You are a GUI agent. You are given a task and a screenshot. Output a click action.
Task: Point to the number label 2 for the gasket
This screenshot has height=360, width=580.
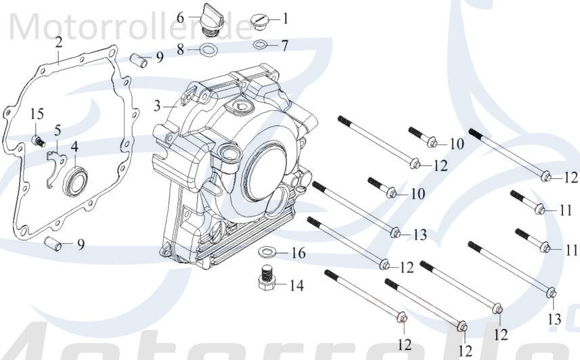pos(59,42)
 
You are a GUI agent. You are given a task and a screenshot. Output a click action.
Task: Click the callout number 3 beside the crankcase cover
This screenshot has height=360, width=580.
pos(157,106)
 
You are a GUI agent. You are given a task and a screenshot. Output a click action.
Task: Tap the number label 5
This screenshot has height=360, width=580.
pos(58,129)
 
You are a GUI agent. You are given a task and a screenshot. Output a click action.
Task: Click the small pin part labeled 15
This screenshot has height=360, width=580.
pos(40,140)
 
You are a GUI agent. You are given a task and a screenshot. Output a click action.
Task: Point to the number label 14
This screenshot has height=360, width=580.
pos(296,285)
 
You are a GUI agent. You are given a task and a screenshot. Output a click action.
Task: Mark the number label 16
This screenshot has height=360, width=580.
pos(298,254)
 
